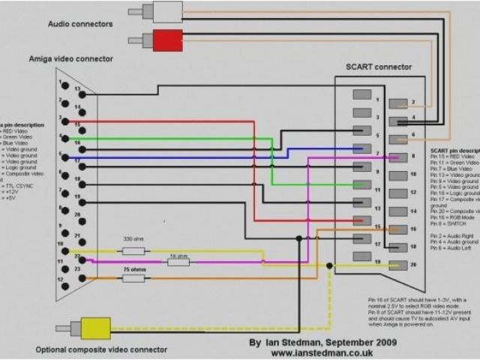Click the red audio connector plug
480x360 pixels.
tap(166, 40)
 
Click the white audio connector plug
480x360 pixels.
tap(166, 11)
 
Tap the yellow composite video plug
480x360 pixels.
tap(95, 328)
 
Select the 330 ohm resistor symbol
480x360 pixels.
tap(133, 251)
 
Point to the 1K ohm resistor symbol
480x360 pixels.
tap(178, 262)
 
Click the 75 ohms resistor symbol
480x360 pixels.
tap(133, 278)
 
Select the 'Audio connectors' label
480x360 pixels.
tap(80, 24)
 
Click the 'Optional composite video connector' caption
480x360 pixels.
tap(101, 349)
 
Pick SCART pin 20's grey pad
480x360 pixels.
tap(397, 265)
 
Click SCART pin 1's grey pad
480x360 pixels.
tap(362, 95)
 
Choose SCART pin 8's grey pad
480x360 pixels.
tap(397, 157)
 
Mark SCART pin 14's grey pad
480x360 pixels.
tap(397, 211)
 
